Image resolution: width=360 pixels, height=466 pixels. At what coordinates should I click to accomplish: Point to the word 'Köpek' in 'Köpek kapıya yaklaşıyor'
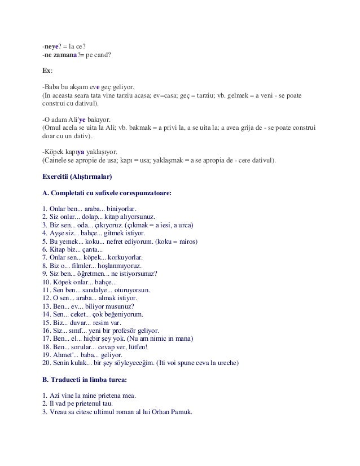(x=54, y=152)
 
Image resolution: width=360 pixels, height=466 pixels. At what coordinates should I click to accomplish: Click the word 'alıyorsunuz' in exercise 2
(x=138, y=217)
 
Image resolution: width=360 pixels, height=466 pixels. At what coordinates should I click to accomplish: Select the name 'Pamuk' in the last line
(x=179, y=411)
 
